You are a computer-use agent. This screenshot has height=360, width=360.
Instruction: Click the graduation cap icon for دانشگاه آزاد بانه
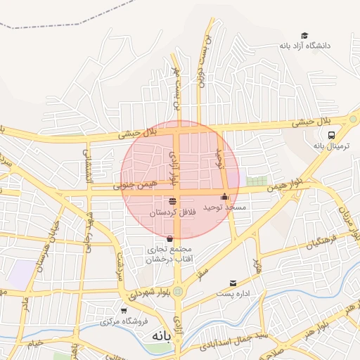[x=304, y=35]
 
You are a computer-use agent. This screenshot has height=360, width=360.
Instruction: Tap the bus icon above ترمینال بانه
[x=330, y=136]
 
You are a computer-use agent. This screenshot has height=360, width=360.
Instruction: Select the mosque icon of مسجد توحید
[x=224, y=197]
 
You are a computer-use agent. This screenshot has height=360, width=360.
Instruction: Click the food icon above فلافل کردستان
[x=172, y=201]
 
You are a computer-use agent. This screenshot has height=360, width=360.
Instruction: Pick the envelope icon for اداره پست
[x=233, y=283]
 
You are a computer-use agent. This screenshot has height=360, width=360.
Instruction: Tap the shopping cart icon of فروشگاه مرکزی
[x=124, y=310]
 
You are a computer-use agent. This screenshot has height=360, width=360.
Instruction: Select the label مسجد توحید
[x=224, y=207]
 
